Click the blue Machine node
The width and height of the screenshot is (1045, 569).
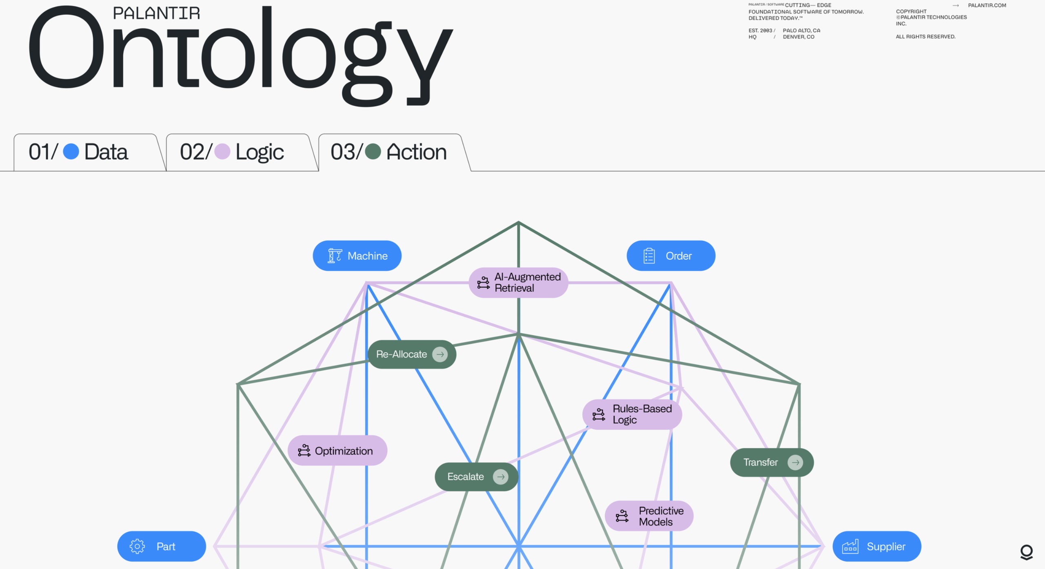click(357, 256)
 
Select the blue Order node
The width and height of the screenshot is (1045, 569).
click(671, 256)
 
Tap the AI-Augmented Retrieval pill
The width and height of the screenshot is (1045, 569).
click(518, 282)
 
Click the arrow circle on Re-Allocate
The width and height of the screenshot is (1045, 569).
click(440, 354)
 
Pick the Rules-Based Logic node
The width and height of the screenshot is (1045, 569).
click(632, 414)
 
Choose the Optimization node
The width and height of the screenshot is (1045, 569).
click(337, 450)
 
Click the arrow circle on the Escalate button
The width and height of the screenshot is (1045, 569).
click(500, 476)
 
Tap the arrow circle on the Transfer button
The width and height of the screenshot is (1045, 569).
click(795, 462)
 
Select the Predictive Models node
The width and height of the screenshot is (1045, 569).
click(649, 516)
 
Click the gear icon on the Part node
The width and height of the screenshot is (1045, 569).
click(137, 546)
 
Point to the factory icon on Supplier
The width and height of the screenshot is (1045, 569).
click(850, 546)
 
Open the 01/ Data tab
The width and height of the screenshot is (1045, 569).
click(86, 152)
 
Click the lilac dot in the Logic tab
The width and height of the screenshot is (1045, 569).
click(222, 152)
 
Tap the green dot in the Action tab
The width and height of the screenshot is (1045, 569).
click(373, 152)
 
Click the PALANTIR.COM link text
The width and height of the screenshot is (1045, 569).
click(987, 5)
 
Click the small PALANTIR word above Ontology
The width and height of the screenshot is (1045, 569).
click(156, 13)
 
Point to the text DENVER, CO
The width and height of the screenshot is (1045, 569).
click(798, 37)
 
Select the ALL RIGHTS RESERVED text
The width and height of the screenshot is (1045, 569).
click(925, 37)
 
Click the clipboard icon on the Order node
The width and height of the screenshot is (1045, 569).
click(649, 256)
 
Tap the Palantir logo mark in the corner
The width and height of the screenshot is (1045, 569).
click(1026, 552)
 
